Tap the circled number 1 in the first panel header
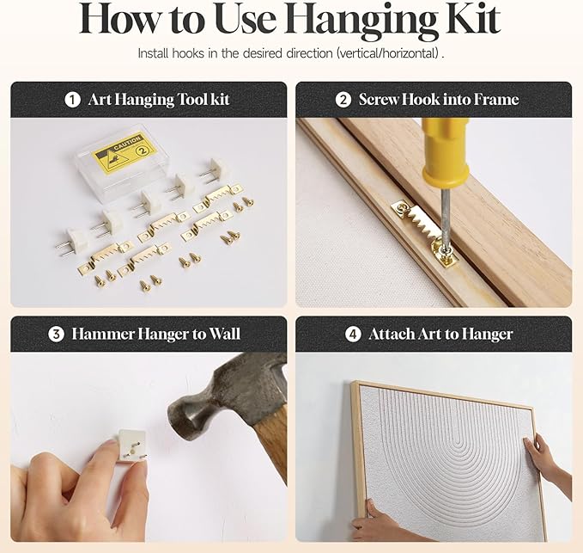(72, 100)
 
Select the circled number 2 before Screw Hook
(343, 100)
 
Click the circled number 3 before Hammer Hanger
(56, 334)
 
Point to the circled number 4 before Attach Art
(353, 334)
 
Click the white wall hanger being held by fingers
(131, 445)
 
